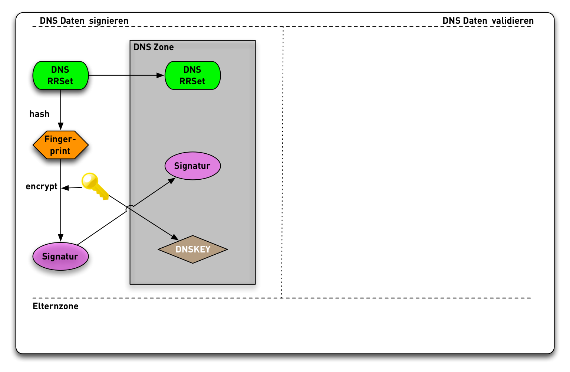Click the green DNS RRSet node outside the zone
click(x=60, y=75)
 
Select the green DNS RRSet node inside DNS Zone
click(x=192, y=75)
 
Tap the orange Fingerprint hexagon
click(x=60, y=145)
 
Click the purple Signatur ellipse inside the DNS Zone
click(x=192, y=166)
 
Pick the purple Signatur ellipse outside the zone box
click(x=60, y=256)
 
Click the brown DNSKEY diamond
click(x=192, y=249)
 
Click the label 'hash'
click(x=39, y=114)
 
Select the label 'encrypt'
click(x=42, y=186)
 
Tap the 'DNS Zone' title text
click(x=154, y=47)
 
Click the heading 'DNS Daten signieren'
click(x=84, y=21)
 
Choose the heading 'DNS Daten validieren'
click(x=488, y=21)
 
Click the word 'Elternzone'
click(x=56, y=306)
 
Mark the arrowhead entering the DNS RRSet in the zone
click(x=161, y=75)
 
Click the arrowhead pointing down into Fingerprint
click(x=60, y=127)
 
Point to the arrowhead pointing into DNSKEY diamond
click(x=174, y=237)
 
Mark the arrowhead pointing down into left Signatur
click(x=60, y=238)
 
